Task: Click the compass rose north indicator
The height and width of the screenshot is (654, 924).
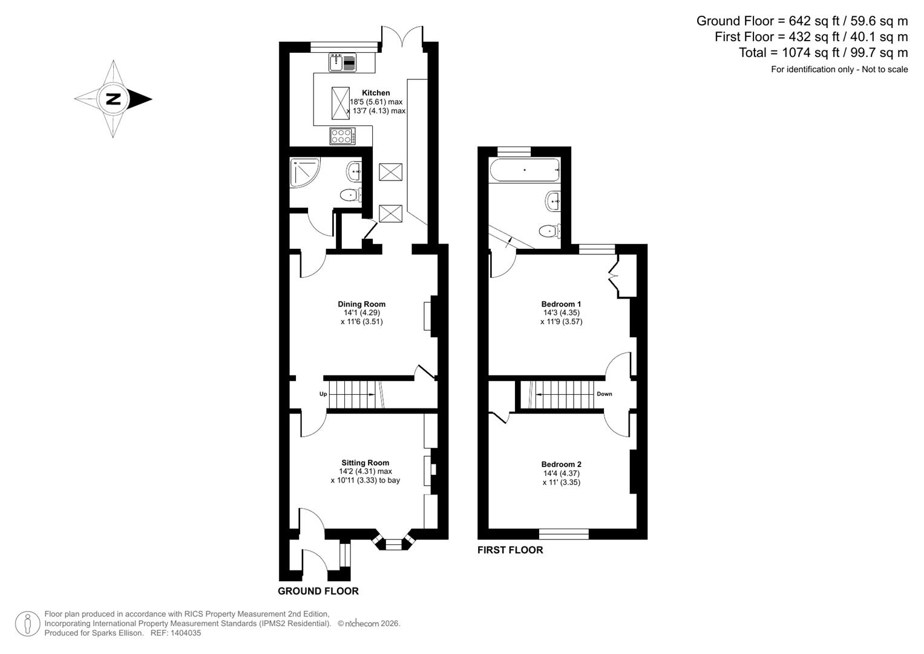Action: click(113, 99)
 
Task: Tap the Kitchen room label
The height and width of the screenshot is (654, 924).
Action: click(376, 93)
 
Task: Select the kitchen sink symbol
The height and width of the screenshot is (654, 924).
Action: click(343, 62)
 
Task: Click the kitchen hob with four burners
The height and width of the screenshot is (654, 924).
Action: click(342, 136)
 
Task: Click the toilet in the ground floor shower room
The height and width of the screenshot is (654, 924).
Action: click(350, 194)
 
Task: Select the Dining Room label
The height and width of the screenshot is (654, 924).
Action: click(361, 304)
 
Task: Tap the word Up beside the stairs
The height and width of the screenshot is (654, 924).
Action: click(323, 394)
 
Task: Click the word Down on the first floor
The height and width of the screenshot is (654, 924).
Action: click(604, 394)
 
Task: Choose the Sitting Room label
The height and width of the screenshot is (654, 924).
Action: click(365, 463)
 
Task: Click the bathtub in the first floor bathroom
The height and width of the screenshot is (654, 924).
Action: click(524, 170)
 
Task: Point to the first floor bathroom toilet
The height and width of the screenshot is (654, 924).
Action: click(549, 230)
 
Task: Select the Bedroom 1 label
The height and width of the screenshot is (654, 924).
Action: click(561, 304)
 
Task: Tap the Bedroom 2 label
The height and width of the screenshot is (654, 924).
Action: click(562, 464)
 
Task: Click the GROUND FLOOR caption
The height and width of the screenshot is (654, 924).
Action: click(318, 591)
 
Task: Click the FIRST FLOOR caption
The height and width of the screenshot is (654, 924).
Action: click(510, 550)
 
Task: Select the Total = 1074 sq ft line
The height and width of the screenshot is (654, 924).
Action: click(823, 53)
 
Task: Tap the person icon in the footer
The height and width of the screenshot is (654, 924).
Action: click(27, 624)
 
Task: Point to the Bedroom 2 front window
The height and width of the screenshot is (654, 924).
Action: click(563, 533)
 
